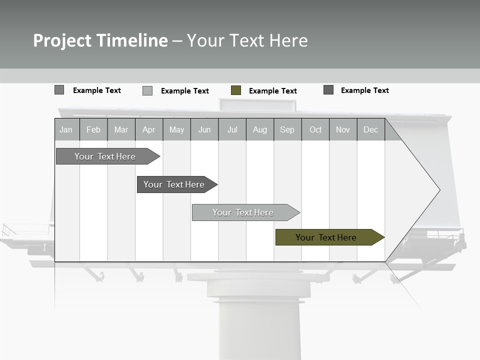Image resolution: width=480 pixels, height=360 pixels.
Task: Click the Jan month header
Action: (x=66, y=130)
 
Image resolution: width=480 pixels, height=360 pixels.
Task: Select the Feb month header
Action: (x=93, y=130)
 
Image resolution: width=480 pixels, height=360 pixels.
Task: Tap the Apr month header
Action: (x=148, y=130)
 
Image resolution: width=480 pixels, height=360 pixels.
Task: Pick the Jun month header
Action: (x=204, y=130)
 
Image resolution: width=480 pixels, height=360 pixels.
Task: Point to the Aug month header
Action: (x=259, y=130)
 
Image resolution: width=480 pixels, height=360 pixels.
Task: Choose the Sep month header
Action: (x=287, y=130)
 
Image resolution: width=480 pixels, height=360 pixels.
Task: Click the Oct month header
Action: (x=315, y=130)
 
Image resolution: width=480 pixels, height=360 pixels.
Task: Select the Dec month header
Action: (x=370, y=130)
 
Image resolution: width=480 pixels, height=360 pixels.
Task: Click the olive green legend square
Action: (x=236, y=90)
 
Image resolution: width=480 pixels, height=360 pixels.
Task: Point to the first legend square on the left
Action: (x=59, y=90)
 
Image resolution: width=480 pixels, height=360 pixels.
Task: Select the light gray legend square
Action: (x=147, y=90)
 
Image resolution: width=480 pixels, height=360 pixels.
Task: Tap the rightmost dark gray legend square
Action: (x=328, y=90)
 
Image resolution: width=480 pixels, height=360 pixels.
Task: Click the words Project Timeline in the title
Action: (x=100, y=40)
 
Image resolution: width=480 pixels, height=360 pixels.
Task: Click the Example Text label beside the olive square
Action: (x=272, y=91)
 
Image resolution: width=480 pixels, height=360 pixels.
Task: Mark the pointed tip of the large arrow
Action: (x=439, y=190)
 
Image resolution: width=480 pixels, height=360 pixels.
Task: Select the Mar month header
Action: (x=121, y=130)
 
